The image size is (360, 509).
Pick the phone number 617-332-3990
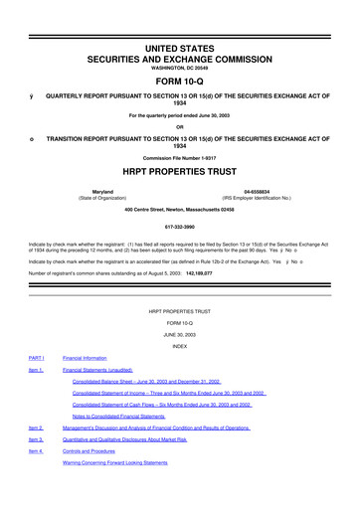click(x=180, y=225)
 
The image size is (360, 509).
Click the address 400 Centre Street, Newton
click(x=180, y=209)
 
